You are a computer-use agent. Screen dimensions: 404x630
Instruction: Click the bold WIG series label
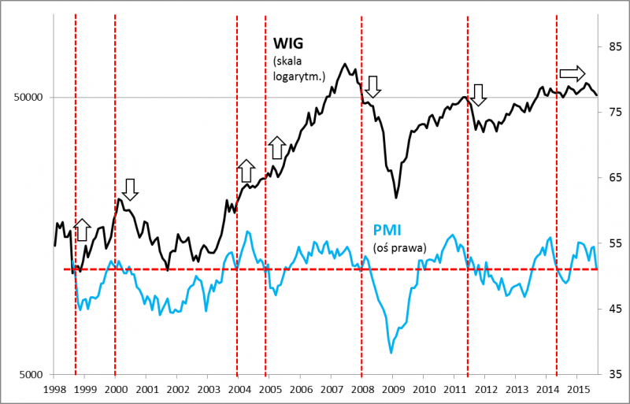point(288,43)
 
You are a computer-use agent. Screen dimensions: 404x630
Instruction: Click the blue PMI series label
point(387,231)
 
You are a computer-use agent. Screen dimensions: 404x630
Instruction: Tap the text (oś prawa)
point(399,247)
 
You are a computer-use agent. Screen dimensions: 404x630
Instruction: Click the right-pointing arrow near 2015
point(573,74)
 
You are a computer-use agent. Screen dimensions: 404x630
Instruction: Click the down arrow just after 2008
point(373,86)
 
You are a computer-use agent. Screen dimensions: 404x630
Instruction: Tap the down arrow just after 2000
point(130,189)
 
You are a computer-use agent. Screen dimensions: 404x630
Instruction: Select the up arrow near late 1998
point(83,230)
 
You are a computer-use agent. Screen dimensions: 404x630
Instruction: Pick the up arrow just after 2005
point(276,146)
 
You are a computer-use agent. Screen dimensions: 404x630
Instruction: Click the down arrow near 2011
point(479,95)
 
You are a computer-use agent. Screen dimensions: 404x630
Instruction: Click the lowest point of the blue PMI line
point(391,353)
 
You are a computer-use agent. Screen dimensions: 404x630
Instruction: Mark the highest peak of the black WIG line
point(345,64)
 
